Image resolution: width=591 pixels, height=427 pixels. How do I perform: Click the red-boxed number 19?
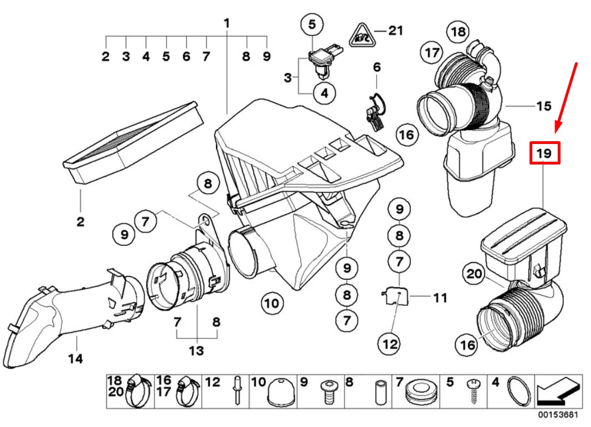(x=544, y=153)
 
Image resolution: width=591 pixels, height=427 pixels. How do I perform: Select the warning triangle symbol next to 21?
(x=362, y=35)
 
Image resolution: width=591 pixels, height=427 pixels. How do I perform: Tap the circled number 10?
(x=272, y=303)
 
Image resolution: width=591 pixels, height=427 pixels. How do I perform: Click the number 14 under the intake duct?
(x=75, y=358)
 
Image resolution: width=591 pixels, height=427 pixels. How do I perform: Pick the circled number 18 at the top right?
(x=458, y=32)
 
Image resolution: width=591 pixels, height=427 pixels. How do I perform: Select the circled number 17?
(x=431, y=53)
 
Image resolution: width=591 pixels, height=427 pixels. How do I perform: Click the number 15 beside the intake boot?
(x=543, y=106)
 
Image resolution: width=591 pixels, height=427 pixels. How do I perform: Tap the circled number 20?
(x=474, y=274)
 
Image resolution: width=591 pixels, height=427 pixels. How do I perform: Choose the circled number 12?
(x=390, y=344)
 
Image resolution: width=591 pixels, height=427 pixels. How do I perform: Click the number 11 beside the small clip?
(x=440, y=298)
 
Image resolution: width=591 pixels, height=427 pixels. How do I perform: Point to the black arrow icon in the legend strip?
(x=558, y=392)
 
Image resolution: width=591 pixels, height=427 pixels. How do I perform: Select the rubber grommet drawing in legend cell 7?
(x=421, y=392)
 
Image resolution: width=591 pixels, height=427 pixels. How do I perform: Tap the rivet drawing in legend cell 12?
(x=238, y=390)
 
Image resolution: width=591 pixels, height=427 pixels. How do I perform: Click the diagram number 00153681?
(x=557, y=415)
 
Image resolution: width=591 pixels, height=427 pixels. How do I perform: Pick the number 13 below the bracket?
(x=196, y=351)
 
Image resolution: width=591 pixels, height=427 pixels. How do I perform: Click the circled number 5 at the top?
(x=312, y=24)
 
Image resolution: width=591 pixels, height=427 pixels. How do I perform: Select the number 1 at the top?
(x=227, y=23)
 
